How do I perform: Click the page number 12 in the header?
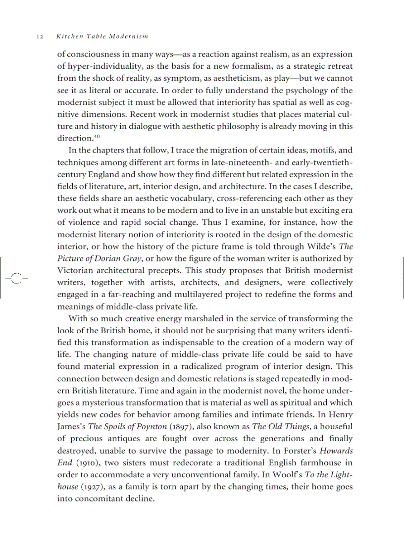(x=41, y=37)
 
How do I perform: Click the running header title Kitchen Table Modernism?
(x=102, y=37)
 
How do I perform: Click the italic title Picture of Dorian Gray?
(x=100, y=258)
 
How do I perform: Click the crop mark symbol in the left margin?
(x=16, y=278)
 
